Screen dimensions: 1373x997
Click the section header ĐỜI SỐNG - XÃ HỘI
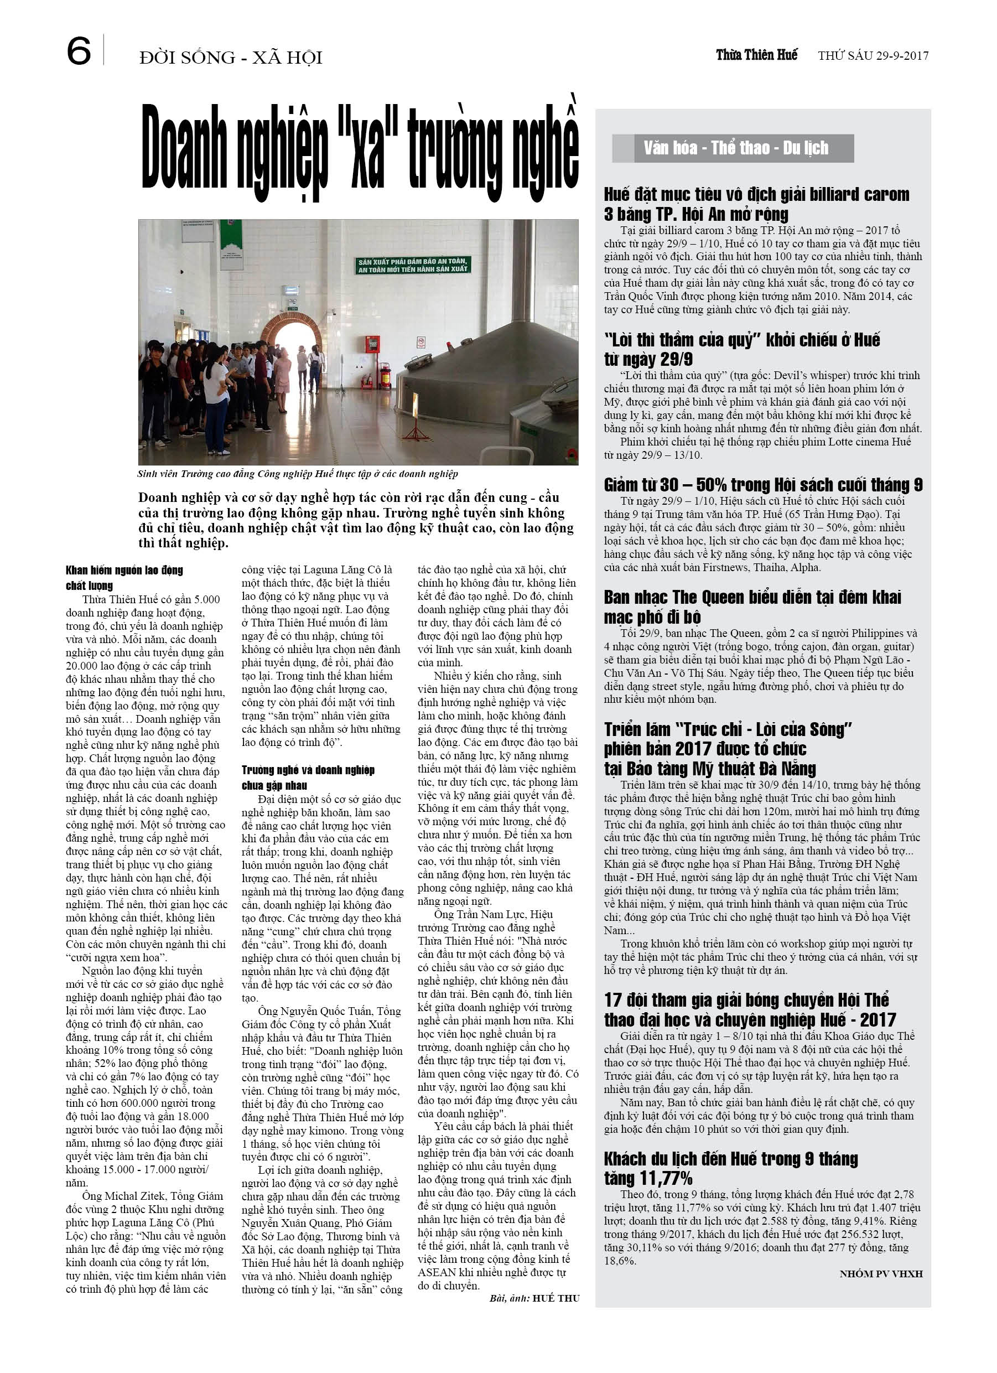tap(231, 58)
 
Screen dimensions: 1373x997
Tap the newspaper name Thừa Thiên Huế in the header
tap(757, 55)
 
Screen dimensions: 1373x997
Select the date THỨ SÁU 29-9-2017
tap(873, 56)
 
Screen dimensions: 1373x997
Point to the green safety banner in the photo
tap(412, 265)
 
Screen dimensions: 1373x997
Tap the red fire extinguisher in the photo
tap(384, 375)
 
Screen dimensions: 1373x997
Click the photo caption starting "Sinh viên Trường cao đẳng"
tap(297, 474)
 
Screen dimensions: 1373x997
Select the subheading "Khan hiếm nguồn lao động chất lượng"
tap(124, 578)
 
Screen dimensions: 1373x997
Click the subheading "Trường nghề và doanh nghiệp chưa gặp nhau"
tap(308, 778)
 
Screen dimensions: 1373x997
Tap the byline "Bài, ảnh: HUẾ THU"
tap(534, 1298)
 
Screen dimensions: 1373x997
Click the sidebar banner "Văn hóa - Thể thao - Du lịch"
tap(735, 148)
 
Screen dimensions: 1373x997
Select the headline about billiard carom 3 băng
tap(756, 204)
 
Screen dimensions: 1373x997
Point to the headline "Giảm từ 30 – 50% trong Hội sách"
tap(763, 485)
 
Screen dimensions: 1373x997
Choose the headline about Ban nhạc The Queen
tap(752, 607)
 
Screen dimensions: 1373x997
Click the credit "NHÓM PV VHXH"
tap(881, 1274)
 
